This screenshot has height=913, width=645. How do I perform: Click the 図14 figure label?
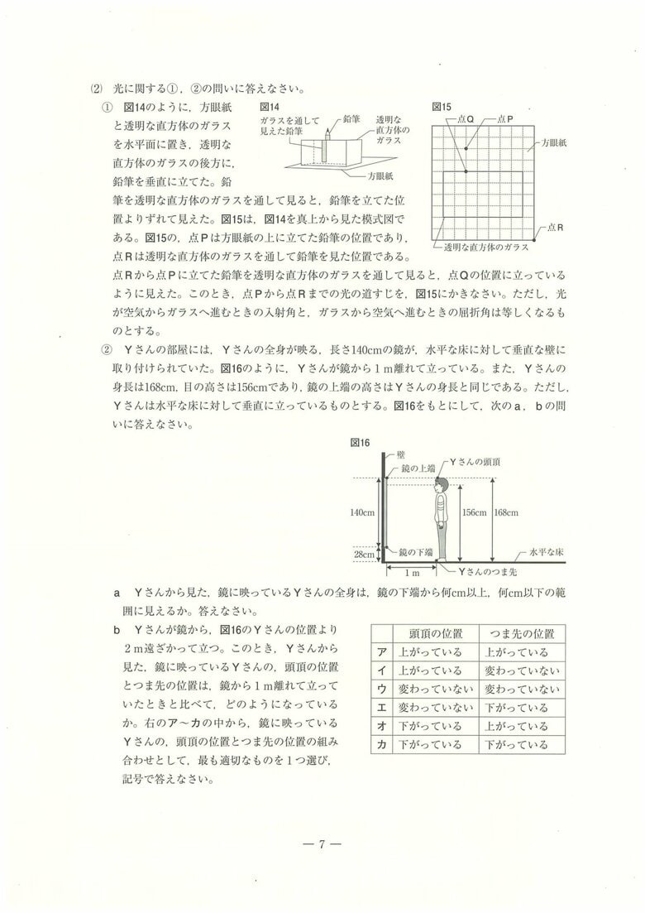coord(270,108)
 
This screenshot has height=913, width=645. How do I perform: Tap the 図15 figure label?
coord(442,108)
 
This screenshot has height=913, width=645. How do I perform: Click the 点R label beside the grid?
coord(554,226)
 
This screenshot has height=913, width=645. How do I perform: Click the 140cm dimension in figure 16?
coord(363,512)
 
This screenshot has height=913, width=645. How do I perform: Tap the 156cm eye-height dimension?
coord(475,512)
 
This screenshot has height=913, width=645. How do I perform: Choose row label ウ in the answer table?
coord(381,689)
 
